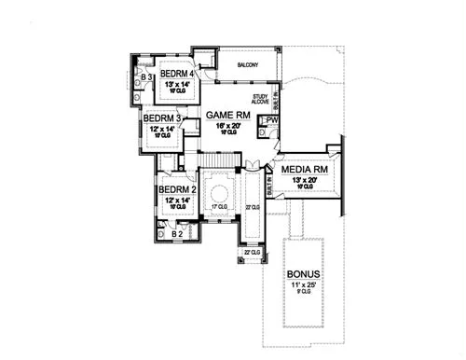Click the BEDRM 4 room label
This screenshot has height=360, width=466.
coord(176,74)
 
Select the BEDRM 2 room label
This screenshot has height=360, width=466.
coord(176,190)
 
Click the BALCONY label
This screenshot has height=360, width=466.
coord(248,64)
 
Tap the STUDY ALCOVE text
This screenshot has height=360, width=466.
coord(260,100)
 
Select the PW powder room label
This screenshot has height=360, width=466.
coord(272,120)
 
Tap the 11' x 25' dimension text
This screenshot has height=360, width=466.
coord(305,284)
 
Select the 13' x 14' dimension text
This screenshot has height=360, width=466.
coord(176,85)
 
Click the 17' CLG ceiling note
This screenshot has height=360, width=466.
coord(219,207)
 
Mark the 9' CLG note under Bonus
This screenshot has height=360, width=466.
coord(305,293)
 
